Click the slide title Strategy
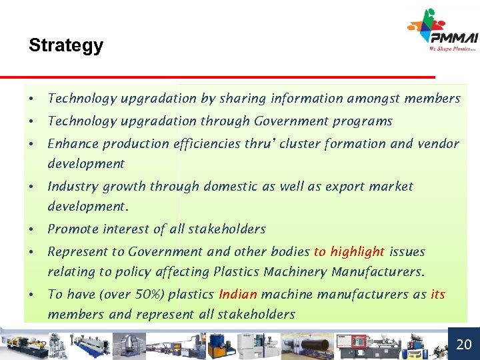coord(66,45)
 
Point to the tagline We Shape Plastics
coord(453,49)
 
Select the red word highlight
coord(357,251)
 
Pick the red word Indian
coord(238,294)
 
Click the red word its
coord(437,294)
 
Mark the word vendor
coord(438,143)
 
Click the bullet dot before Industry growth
coord(31,187)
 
